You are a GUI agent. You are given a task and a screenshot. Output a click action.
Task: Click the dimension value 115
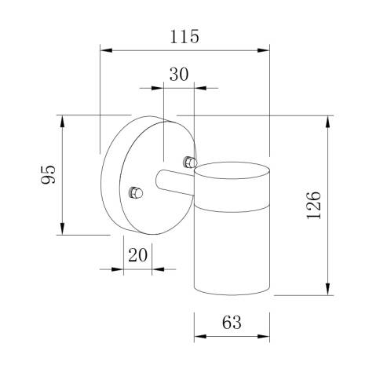point(184,36)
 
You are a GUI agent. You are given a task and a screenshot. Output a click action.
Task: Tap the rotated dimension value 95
point(47,174)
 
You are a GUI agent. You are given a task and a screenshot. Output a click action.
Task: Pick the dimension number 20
point(137,255)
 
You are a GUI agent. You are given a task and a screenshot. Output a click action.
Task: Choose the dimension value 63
point(231,323)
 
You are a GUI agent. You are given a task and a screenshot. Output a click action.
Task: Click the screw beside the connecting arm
point(188,162)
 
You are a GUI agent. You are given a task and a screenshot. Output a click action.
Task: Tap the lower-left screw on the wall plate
point(134,191)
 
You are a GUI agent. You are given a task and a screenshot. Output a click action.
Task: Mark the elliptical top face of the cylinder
point(232,170)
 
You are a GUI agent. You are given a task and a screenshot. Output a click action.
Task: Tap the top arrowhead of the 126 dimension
point(326,121)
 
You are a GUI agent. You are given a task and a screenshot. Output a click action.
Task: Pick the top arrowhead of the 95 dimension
point(61,119)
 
